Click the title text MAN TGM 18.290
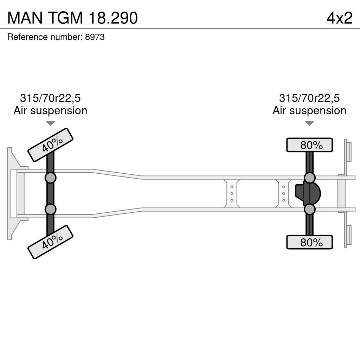point(72,18)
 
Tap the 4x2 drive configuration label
point(339,18)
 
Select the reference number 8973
point(95,37)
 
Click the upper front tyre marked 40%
point(50,145)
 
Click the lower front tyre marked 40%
point(50,242)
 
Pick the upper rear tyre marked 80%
point(309,145)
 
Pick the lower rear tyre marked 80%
point(309,242)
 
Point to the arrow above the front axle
point(50,123)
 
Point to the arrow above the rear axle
point(309,123)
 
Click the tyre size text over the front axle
point(50,98)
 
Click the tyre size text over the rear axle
point(309,98)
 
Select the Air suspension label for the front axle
point(50,110)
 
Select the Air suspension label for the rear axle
point(309,110)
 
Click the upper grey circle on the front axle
point(50,178)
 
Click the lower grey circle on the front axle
point(50,210)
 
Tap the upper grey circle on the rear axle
point(309,178)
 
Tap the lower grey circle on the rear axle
point(309,210)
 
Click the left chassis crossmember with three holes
point(232,193)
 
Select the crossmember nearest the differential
point(283,193)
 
